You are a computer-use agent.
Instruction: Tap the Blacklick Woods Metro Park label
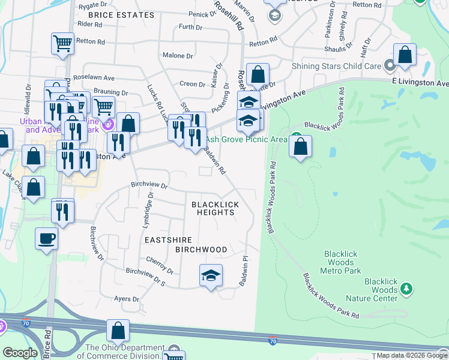tap(342, 262)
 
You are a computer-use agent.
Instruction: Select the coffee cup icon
tap(47, 239)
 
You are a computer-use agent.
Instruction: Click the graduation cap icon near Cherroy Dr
tap(210, 275)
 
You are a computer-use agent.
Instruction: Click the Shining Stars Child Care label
tap(337, 66)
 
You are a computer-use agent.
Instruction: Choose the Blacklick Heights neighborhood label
tap(215, 209)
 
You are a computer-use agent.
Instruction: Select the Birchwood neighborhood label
tap(201, 249)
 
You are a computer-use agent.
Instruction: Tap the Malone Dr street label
tap(178, 56)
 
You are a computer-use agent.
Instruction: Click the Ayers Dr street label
tap(127, 298)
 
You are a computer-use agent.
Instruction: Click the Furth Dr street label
tap(190, 27)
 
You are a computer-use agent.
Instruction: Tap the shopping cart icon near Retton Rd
tap(62, 43)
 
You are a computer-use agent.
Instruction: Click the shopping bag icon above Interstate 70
tap(118, 330)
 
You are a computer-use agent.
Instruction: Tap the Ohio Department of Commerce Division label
tap(125, 349)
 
